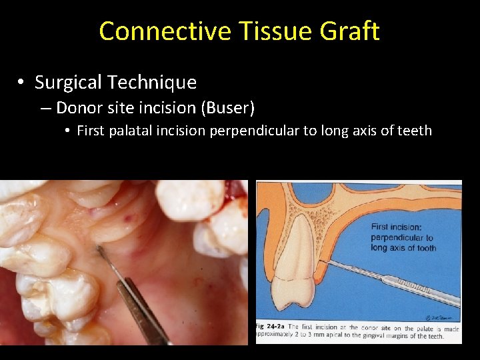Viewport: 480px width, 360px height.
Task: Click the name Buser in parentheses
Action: point(233,107)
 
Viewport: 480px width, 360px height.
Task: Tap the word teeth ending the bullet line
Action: point(415,131)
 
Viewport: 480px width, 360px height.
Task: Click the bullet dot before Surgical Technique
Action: point(22,83)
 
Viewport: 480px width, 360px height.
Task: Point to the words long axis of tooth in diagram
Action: point(404,248)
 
